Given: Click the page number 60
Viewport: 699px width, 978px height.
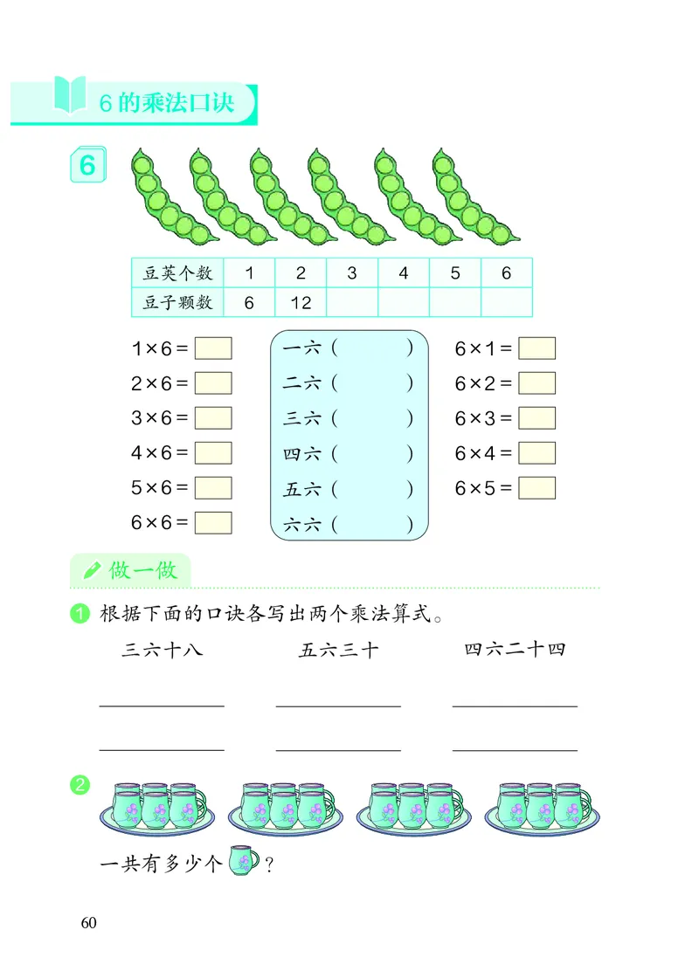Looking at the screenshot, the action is tap(87, 924).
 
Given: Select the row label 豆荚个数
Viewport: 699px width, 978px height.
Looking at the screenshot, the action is tap(177, 273).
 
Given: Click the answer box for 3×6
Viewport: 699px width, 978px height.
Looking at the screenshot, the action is tap(213, 418).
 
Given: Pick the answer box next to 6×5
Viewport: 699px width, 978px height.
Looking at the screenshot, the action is tap(536, 488).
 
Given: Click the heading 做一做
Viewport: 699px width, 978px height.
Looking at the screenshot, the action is tap(143, 571).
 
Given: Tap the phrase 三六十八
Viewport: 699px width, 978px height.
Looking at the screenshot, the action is tap(163, 650).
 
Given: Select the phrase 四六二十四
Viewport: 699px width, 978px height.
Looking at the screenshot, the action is tap(516, 650).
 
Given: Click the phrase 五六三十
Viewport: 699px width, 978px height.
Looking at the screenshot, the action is tap(339, 650).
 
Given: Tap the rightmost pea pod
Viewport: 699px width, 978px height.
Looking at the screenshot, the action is tap(473, 196).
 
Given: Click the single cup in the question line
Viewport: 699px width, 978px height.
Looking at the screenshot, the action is tap(243, 862).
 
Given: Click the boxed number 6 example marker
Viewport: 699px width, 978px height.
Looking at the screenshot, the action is tap(87, 166).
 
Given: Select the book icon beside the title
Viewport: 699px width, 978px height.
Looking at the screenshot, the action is tap(70, 94).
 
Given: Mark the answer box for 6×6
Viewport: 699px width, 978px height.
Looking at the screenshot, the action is tap(213, 523).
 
